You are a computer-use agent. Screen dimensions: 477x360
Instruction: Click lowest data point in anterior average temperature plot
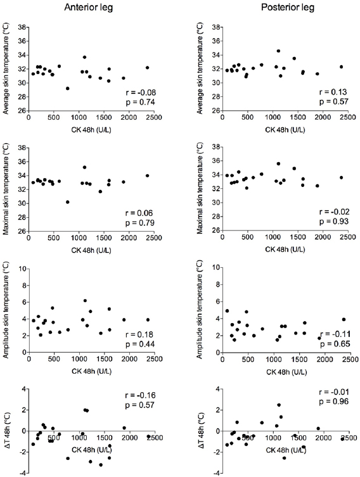click(x=67, y=89)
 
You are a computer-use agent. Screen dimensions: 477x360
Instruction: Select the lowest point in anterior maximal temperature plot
click(x=67, y=202)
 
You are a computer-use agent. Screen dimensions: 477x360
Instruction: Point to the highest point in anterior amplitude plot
click(x=85, y=301)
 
